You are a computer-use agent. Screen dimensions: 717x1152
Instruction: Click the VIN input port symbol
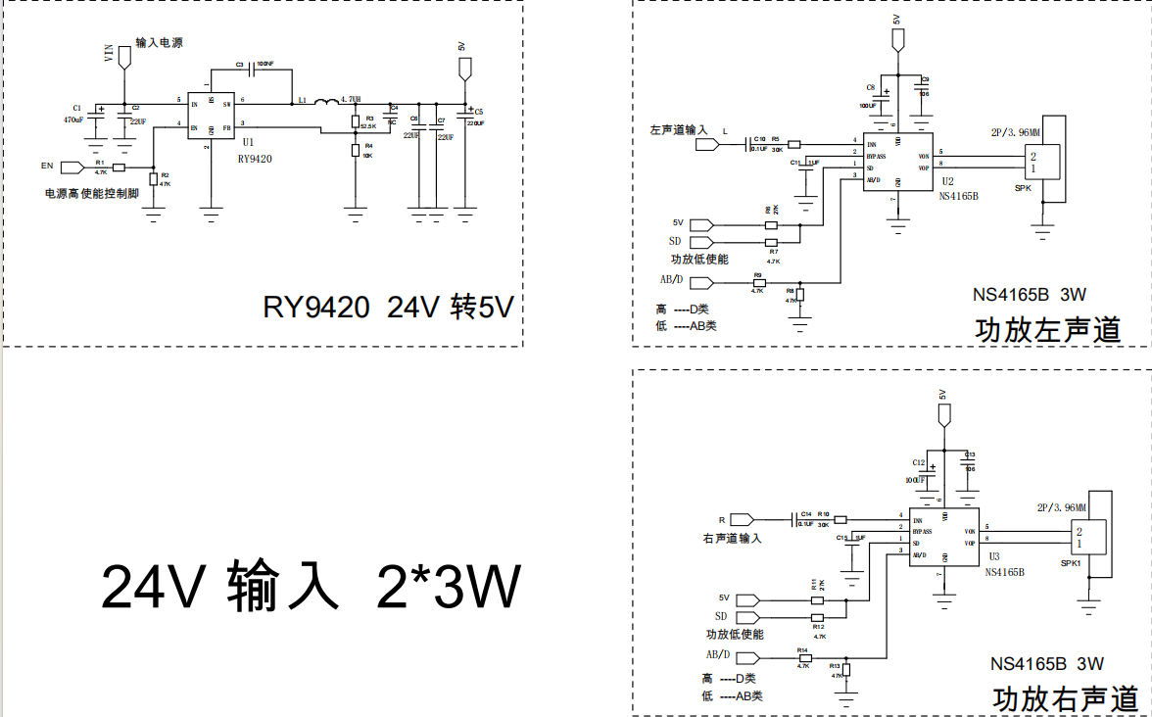tap(123, 56)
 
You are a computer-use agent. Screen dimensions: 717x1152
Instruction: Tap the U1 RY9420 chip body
tap(215, 116)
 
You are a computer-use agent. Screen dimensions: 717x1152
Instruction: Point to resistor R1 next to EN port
tap(119, 167)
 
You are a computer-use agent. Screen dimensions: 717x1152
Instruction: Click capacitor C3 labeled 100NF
tap(253, 70)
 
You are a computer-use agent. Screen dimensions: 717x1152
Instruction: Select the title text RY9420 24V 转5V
tap(388, 308)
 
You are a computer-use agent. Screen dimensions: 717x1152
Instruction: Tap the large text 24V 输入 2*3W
tap(311, 587)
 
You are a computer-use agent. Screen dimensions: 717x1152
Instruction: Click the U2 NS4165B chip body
tap(896, 163)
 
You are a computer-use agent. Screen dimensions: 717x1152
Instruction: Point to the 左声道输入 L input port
tap(707, 145)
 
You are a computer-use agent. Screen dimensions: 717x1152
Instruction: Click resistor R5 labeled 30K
tap(793, 144)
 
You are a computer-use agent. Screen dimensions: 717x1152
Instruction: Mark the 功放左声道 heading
tap(1048, 330)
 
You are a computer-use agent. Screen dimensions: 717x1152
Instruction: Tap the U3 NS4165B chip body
tap(943, 537)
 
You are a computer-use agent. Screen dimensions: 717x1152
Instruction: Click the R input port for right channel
tap(742, 518)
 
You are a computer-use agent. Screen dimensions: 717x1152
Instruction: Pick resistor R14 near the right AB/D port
tap(805, 658)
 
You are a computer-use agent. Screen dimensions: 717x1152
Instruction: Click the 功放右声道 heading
tap(1066, 699)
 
